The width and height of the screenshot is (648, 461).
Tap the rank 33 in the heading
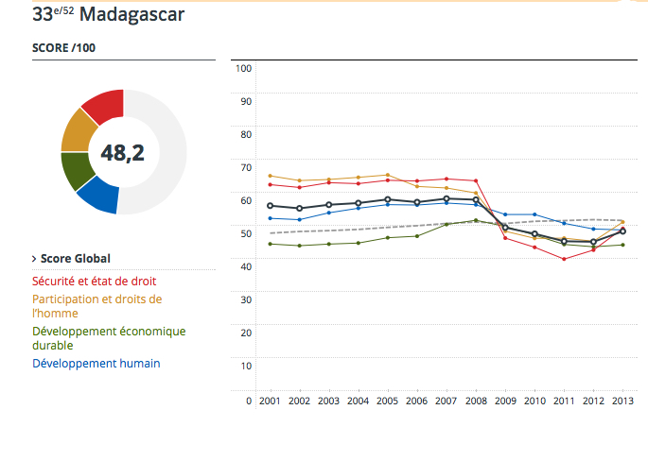[44, 14]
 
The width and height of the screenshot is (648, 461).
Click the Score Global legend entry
[75, 258]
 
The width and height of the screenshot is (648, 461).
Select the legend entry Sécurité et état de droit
[94, 281]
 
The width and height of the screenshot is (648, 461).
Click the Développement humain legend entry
[96, 363]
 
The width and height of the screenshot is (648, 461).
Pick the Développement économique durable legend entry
[109, 338]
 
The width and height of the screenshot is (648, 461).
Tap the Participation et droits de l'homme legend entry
[96, 305]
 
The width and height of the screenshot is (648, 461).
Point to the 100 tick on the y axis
[242, 68]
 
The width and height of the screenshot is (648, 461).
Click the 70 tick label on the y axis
[245, 167]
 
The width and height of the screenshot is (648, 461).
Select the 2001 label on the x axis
[271, 401]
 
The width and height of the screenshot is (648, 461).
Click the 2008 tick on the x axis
[475, 401]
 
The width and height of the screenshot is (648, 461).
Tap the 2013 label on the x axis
[622, 401]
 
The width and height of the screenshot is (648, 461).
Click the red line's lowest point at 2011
[564, 259]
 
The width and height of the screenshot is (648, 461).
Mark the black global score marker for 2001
[271, 205]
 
